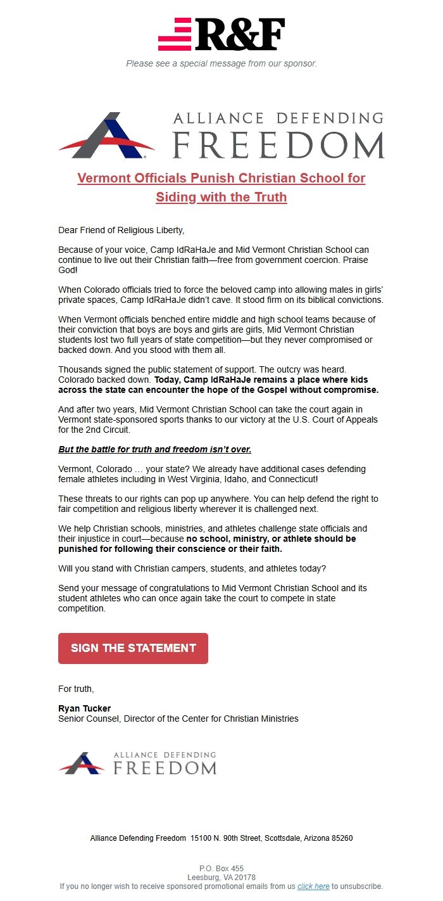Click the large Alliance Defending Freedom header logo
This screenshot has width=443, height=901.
coord(221,135)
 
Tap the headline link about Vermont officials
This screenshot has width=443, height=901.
coord(221,188)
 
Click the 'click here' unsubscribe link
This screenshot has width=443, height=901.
coord(313,886)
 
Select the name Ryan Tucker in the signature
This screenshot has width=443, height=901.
coord(84,708)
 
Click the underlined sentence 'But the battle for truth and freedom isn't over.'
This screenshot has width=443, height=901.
coord(154,449)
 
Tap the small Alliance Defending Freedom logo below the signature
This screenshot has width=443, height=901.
coord(137,763)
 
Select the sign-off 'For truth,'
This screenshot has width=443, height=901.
coord(76,689)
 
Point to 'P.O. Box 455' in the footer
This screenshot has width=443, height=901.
coord(221,869)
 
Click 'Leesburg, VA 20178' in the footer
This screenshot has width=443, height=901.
coord(221,878)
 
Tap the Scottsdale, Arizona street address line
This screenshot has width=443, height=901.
coord(221,838)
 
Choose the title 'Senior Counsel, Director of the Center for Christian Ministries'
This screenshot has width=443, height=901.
coord(178,719)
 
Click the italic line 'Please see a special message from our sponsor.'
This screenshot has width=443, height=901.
coord(221,63)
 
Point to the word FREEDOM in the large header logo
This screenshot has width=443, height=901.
coord(278,145)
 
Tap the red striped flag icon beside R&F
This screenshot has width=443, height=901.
coord(175,34)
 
